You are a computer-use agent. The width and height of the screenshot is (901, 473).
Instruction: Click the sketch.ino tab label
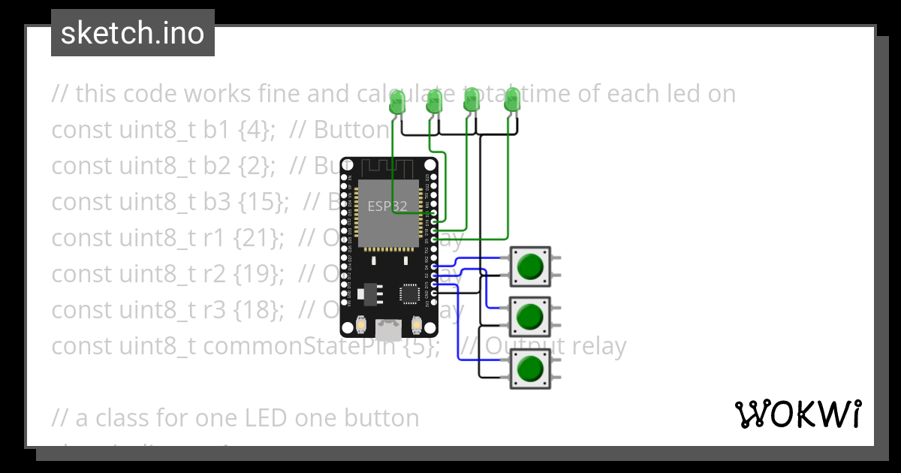click(x=133, y=34)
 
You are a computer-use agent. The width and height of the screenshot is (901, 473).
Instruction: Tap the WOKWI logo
click(x=797, y=414)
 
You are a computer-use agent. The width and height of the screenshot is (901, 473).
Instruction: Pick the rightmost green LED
click(x=512, y=101)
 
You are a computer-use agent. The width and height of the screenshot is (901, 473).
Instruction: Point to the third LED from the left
click(x=472, y=101)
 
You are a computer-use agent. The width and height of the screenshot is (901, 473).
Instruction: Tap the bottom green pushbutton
click(x=530, y=368)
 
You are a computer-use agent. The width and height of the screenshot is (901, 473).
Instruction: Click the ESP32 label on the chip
click(x=387, y=206)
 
